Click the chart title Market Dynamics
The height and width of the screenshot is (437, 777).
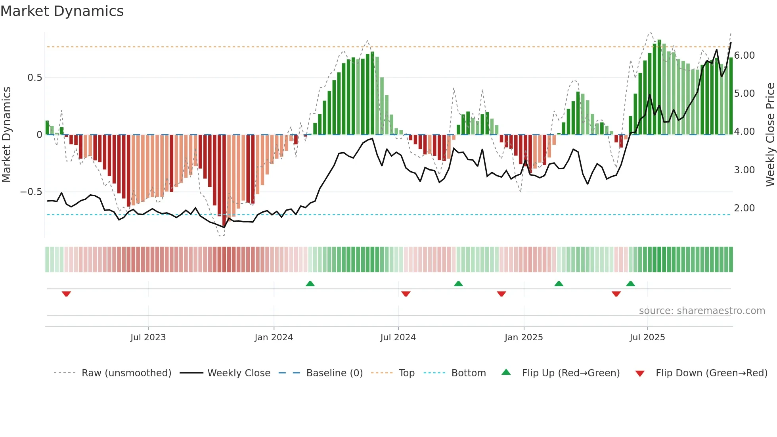click(x=62, y=11)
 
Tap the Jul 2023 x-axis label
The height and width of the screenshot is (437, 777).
click(x=148, y=337)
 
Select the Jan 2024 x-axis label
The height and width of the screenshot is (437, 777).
click(x=274, y=337)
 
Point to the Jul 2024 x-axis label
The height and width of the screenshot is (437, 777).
click(x=398, y=337)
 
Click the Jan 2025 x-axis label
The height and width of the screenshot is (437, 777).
click(x=524, y=337)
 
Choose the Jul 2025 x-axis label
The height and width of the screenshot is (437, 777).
click(x=647, y=337)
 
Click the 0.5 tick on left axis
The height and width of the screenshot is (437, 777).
click(x=34, y=78)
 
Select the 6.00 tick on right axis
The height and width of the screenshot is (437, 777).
click(x=744, y=56)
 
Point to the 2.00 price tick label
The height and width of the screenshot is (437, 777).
click(x=744, y=208)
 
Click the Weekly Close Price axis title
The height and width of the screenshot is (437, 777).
click(x=770, y=135)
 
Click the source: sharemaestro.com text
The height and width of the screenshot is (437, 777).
click(x=702, y=311)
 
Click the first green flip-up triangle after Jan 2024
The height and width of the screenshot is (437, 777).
click(x=310, y=284)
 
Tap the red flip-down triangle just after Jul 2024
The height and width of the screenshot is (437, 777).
click(x=406, y=294)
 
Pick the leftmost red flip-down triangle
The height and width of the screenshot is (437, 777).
click(x=66, y=294)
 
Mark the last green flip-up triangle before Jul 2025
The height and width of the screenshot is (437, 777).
click(x=630, y=284)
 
